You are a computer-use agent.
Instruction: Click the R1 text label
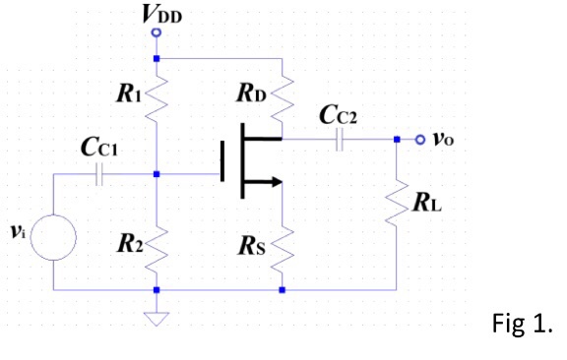coord(129,95)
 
